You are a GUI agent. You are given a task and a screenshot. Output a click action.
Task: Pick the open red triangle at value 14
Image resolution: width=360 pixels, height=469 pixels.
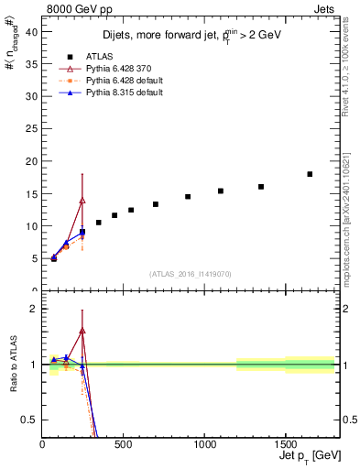coord(82,200)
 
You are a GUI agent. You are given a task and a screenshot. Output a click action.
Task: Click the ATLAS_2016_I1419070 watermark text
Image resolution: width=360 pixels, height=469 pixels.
coord(189,273)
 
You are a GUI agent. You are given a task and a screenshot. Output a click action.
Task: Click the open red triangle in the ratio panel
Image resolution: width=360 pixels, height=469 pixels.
coord(82,330)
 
